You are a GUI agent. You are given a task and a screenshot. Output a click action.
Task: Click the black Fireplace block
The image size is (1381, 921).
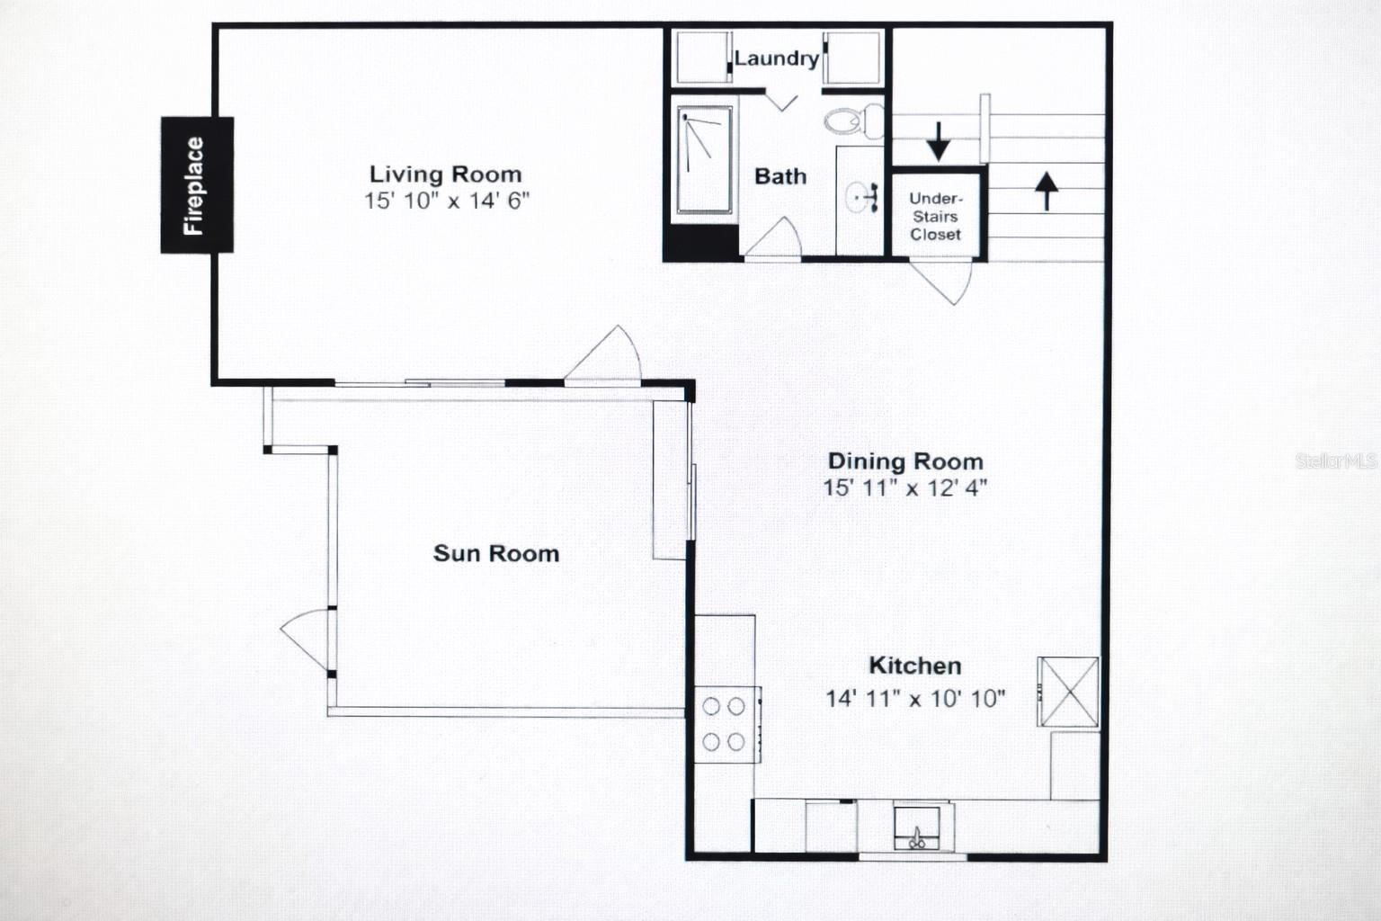pos(196,185)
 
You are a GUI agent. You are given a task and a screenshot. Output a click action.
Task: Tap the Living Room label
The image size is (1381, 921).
pos(445,174)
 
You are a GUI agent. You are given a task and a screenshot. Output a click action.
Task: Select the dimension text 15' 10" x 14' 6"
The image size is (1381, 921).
pos(446,201)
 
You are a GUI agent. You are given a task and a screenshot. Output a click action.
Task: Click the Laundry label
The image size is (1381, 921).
pos(776,59)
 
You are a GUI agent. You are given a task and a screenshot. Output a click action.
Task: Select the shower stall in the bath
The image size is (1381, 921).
pos(704,161)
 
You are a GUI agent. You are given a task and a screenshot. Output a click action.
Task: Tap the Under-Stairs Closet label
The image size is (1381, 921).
pos(935,217)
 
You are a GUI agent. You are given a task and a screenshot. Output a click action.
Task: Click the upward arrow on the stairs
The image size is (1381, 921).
pos(1046,190)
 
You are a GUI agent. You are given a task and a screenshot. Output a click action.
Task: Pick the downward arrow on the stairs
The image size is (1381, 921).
pos(939,141)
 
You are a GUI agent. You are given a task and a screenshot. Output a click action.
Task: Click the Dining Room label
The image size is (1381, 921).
pos(904,461)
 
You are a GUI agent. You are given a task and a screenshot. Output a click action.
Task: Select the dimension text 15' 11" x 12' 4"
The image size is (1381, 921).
pos(904,488)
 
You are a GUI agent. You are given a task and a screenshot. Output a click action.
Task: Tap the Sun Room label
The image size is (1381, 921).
pos(496,553)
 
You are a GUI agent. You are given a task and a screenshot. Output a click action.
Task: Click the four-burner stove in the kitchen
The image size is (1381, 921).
pos(725,724)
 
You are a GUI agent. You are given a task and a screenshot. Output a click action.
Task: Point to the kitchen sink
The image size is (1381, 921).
pos(916,828)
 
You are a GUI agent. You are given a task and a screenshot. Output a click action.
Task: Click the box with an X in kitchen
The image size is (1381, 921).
pos(1068,691)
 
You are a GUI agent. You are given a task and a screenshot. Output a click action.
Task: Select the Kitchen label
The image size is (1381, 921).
pos(914,666)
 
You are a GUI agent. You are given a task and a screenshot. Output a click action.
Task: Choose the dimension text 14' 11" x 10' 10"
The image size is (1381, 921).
pos(915,698)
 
